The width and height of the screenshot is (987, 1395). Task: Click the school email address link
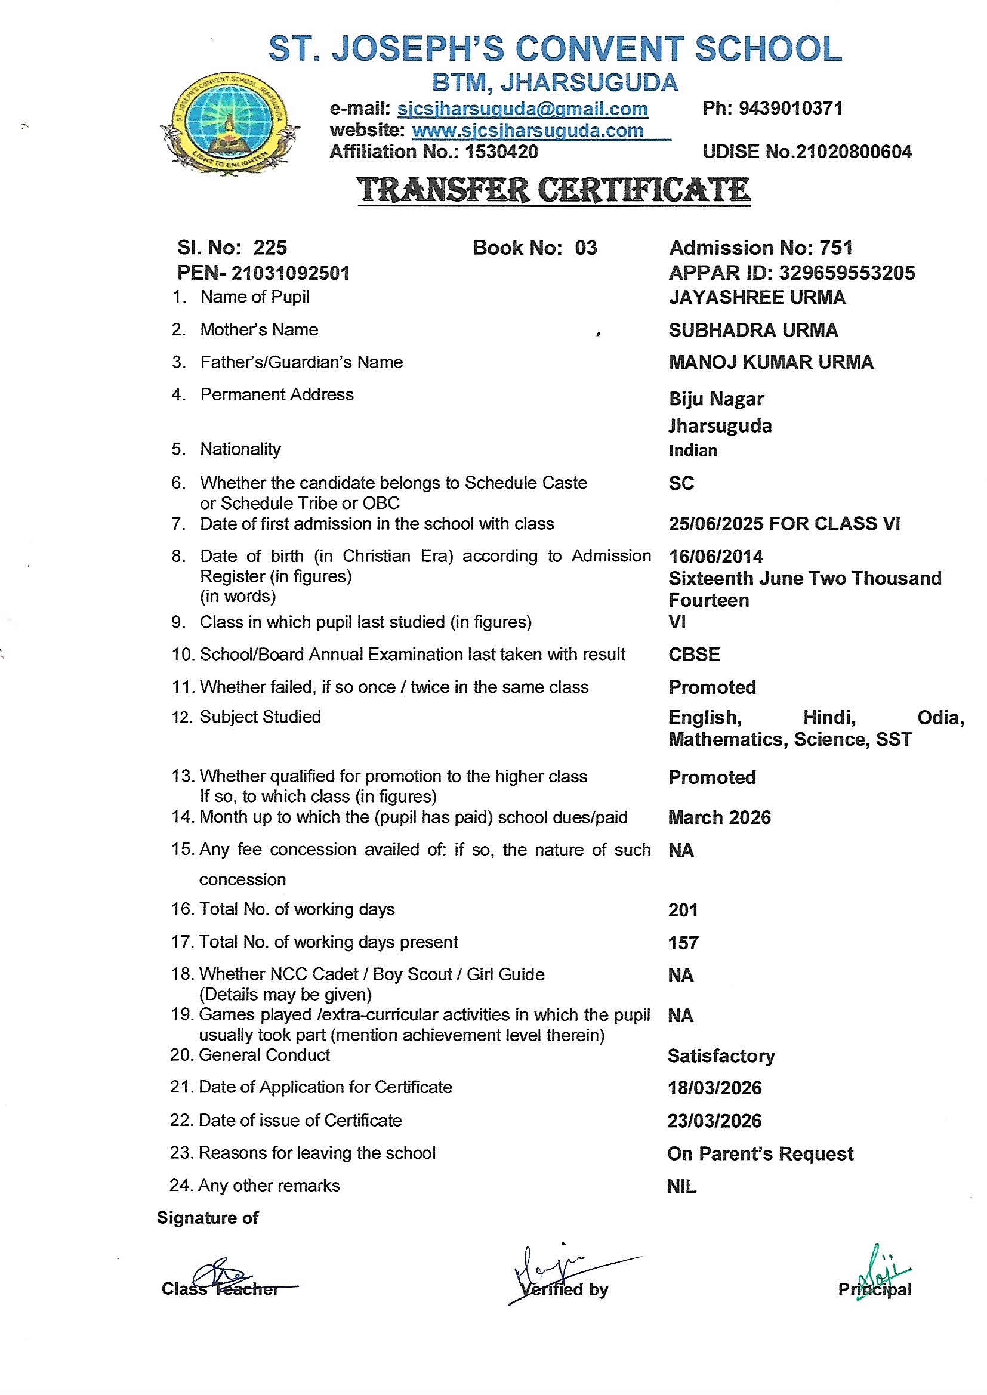coord(522,109)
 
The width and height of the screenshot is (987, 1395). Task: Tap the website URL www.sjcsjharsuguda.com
coord(528,131)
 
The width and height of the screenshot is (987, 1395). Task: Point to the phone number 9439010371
coord(790,109)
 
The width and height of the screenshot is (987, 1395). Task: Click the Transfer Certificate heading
coord(554,190)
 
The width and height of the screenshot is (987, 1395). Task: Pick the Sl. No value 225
coord(270,248)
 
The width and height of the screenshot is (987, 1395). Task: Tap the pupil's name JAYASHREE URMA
coord(757,297)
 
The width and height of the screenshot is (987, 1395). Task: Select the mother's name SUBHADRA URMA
coord(753,330)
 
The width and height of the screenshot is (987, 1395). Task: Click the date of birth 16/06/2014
coord(716,557)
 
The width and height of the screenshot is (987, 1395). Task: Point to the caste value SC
coord(681,483)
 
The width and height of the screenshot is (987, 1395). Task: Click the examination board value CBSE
coord(694,655)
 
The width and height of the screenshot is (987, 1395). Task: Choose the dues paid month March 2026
coord(720,818)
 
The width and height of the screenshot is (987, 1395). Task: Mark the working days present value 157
coord(683,943)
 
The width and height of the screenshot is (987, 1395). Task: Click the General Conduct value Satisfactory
coord(721,1056)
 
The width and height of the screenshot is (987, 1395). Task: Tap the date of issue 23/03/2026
coord(714,1121)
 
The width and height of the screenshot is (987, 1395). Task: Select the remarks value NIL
coord(681,1186)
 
